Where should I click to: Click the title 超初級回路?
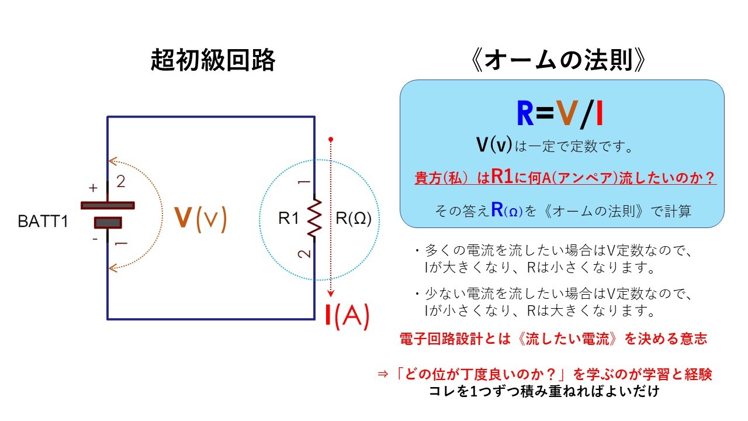coord(213,60)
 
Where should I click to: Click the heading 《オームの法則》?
coord(558,60)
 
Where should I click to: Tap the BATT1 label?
coord(43,221)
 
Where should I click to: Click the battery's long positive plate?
coord(108,205)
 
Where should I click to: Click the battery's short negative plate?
coord(108,223)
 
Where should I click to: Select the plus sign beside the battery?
coord(93,188)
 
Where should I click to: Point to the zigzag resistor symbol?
coord(314,218)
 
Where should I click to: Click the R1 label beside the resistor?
coord(289,218)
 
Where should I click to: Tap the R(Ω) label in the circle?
coord(354,218)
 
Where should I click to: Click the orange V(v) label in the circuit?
coord(200,219)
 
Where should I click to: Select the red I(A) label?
coord(348,316)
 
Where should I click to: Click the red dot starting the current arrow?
coord(331,139)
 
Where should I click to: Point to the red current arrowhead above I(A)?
coord(331,294)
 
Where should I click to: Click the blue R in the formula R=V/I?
coord(525,113)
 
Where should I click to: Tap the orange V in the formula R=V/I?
coord(567,113)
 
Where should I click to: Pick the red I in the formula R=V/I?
coord(600,113)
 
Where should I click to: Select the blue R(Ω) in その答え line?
coord(507,210)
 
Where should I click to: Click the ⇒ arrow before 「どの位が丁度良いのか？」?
coord(383,374)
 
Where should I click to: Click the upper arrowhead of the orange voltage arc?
coord(113,161)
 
